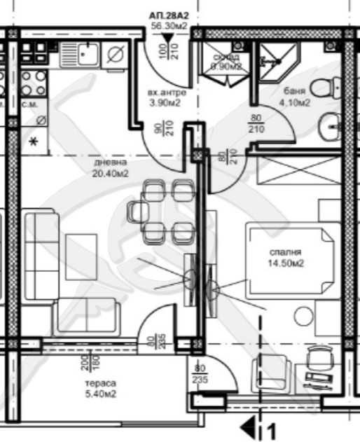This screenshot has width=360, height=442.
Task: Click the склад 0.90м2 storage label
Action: tap(226, 62)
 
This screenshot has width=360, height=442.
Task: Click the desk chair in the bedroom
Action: tap(319, 360)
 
